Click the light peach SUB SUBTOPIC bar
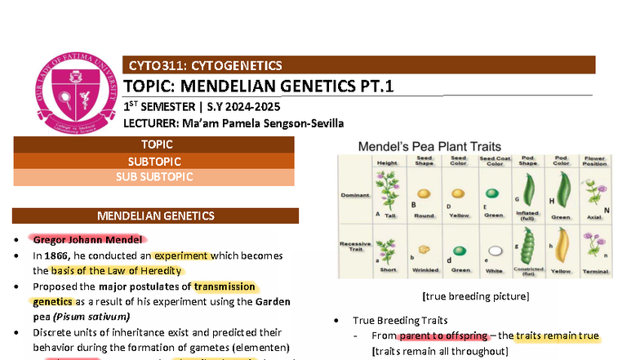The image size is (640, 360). [154, 177]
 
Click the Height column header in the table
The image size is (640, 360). [387, 162]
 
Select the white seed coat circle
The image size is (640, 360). [493, 251]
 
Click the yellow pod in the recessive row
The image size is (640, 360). [561, 249]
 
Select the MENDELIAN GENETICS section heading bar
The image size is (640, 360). [154, 216]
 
